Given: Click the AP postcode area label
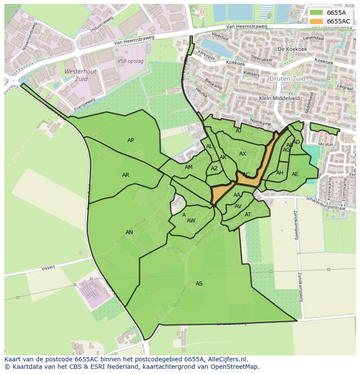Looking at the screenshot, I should coord(130,140).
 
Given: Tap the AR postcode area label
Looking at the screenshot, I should coord(126,175).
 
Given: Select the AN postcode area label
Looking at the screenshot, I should coord(129,232).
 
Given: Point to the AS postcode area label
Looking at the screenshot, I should coord(199,284).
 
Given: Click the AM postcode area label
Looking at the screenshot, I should coord(188,167).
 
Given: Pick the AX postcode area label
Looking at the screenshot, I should coord(243,154).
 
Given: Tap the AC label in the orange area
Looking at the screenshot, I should coord(246,175).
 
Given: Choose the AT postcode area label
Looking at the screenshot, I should coord(248,215).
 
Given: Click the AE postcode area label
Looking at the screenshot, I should coord(295,174).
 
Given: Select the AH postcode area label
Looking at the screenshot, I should coord(280,173).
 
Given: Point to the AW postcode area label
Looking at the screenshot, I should coord(191,221).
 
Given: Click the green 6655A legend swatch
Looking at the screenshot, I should coord(316,13).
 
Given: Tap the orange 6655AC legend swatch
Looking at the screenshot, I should coord(316,21).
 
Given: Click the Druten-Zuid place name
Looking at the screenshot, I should coord(287,79).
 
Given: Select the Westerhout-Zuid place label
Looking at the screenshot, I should coord(81,75).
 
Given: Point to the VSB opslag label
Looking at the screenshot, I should coord(130,61).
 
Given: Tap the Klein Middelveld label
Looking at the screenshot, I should coord(279,98).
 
